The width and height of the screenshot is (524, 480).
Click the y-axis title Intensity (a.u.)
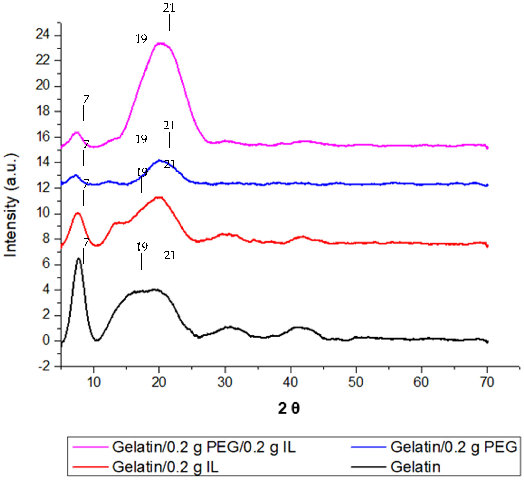click(11, 205)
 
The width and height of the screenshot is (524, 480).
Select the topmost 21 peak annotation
click(169, 8)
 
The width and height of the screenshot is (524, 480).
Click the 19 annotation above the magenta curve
click(141, 39)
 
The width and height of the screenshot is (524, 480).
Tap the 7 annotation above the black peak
click(86, 242)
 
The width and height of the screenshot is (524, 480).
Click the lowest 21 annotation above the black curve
click(170, 256)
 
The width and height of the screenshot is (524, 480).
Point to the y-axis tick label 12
click(43, 187)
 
